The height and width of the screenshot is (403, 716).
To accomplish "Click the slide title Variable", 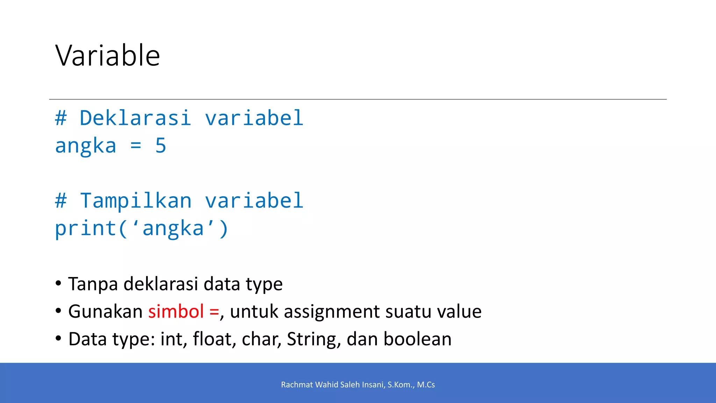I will pyautogui.click(x=108, y=55).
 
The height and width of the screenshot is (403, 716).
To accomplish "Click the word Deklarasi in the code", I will pyautogui.click(x=135, y=118).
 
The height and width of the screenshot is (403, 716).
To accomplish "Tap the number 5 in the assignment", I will pyautogui.click(x=160, y=146).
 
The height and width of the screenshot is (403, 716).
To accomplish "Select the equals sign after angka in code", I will pyautogui.click(x=136, y=146).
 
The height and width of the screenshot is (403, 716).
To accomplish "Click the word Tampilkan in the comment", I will pyautogui.click(x=136, y=201).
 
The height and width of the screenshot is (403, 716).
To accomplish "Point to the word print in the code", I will pyautogui.click(x=86, y=229).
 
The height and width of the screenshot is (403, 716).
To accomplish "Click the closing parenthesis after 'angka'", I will pyautogui.click(x=223, y=229).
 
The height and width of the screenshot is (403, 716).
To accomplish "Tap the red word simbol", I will pyautogui.click(x=176, y=311).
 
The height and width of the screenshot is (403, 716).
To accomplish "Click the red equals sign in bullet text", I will pyautogui.click(x=214, y=311).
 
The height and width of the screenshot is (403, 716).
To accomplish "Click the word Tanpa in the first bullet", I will pyautogui.click(x=93, y=284).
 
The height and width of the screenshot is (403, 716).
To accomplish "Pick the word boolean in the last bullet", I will pyautogui.click(x=417, y=339).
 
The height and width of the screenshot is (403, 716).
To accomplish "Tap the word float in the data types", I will pyautogui.click(x=212, y=339).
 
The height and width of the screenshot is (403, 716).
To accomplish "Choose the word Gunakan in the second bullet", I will pyautogui.click(x=105, y=311).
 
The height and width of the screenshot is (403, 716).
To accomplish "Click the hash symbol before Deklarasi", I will pyautogui.click(x=61, y=118).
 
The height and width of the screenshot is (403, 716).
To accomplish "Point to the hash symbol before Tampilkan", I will pyautogui.click(x=61, y=201).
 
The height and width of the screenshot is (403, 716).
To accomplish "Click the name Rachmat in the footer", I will pyautogui.click(x=297, y=385).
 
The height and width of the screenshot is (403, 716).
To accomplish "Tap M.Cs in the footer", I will pyautogui.click(x=426, y=385).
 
